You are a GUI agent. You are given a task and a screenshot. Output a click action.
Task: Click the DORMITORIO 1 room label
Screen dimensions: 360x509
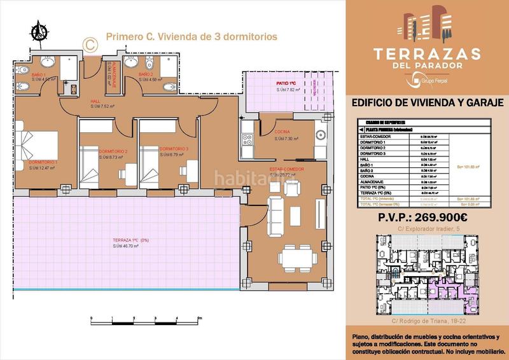point(43,162)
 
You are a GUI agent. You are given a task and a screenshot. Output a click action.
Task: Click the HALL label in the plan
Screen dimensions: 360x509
point(95,101)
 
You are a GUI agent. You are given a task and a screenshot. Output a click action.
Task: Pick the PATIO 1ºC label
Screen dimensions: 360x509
point(286,83)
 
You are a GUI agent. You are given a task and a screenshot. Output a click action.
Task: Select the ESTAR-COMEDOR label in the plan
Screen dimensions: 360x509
point(287,169)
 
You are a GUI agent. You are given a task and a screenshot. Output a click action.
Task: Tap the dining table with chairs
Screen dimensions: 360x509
point(298,256)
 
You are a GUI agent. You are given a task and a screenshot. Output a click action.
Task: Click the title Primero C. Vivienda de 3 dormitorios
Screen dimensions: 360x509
point(192,37)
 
